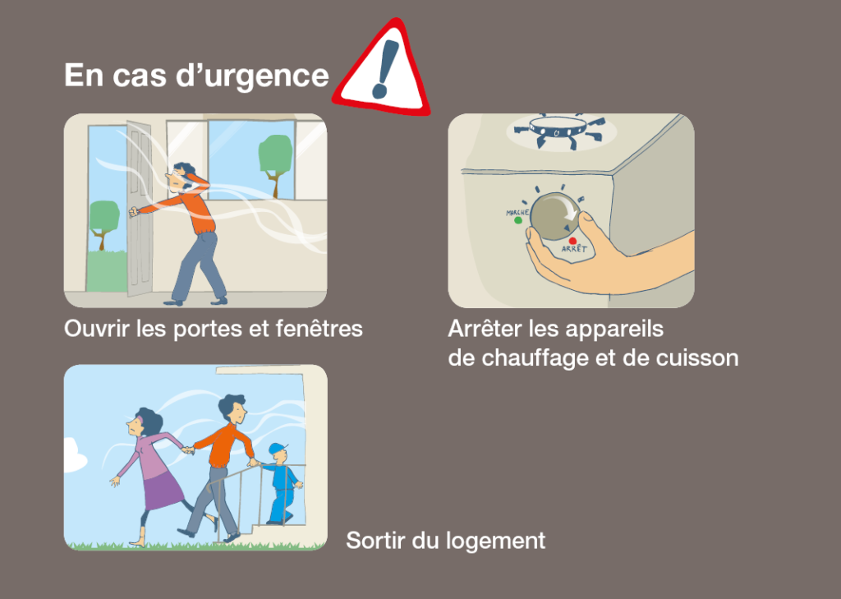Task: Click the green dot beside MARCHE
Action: (517, 220)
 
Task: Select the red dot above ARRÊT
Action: (572, 241)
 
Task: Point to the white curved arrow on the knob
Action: (570, 210)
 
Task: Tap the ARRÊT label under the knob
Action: (574, 249)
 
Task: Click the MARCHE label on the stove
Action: (517, 213)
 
